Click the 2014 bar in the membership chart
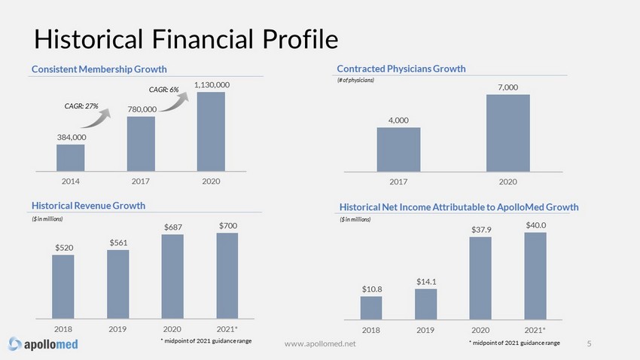point(71,157)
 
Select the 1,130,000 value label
point(212,85)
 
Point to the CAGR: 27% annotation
point(81,106)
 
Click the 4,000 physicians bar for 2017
point(398,149)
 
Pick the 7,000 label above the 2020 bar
point(507,87)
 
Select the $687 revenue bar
point(172,276)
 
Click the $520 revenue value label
point(64,248)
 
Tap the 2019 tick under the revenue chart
point(117,329)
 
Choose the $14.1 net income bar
point(425,304)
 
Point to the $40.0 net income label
point(536,225)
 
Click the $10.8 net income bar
point(371,308)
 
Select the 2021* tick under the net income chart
point(535,330)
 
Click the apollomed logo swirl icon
point(15,343)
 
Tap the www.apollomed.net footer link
point(320,344)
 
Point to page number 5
point(589,343)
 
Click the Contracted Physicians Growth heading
point(401,69)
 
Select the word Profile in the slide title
point(300,39)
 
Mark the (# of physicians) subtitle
point(355,80)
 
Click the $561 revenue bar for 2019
point(118,284)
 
